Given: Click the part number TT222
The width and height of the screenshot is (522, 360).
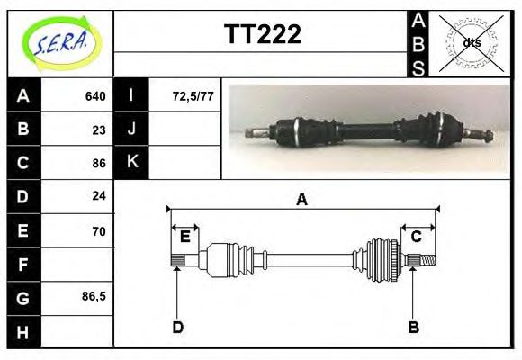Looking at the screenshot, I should coord(262,35).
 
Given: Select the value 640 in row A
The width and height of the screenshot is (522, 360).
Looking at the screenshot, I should coord(95,96).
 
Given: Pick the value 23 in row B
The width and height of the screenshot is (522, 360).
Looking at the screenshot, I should coord(99,130).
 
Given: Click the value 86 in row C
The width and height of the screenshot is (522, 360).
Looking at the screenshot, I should coord(99,163).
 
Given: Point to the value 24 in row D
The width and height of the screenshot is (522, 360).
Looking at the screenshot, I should coord(99,196).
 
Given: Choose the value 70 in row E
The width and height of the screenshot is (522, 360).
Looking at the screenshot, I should coord(99,230).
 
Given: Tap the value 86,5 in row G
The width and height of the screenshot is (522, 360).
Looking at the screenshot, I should coord(94,296).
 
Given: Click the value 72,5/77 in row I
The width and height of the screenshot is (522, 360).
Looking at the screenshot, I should coord(187,96).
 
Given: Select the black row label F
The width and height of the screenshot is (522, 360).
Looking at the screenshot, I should coord(23,264).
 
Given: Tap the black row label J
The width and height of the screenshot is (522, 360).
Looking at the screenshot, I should coord(132,130).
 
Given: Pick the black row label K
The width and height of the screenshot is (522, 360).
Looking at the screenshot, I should coord(132,163).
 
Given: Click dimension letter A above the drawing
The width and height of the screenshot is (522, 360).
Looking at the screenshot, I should coord(302,200).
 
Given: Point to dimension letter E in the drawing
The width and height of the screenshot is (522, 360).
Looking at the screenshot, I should coord(184,237).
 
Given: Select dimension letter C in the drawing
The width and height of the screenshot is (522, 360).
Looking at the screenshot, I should coord(417,237).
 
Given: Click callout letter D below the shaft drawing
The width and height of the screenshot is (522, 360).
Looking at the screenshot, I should coord(178,328).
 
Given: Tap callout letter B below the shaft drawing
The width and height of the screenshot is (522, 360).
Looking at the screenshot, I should coord(414,328).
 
